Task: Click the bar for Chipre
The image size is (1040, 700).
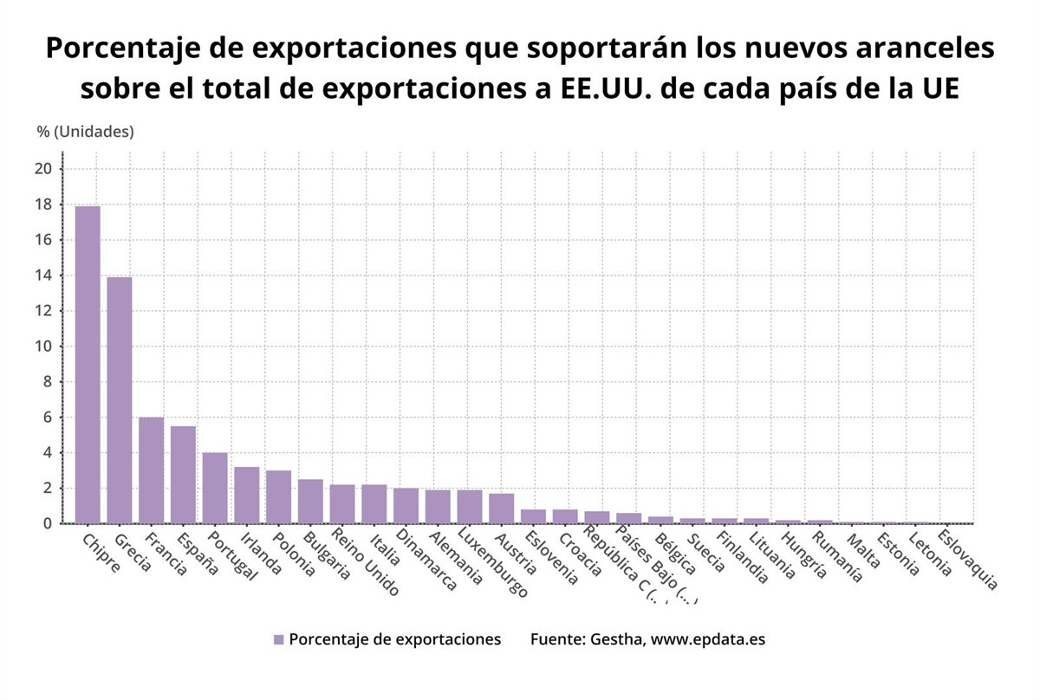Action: tap(88, 365)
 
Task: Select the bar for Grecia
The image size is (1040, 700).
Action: tap(120, 400)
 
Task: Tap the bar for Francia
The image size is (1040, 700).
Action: tap(152, 470)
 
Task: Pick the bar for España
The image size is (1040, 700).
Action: tap(183, 475)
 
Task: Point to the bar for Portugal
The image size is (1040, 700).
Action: tap(215, 488)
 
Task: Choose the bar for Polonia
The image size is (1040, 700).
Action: tap(278, 497)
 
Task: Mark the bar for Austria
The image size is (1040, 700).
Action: tap(501, 509)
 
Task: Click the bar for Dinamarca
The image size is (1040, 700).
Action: tap(406, 506)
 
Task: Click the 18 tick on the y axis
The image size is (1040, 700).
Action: tap(44, 204)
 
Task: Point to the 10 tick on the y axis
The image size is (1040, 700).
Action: tap(44, 347)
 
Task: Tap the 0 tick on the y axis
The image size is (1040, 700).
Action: tap(49, 524)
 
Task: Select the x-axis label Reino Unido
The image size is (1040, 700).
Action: tap(365, 564)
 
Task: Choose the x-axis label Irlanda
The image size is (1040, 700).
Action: tap(258, 554)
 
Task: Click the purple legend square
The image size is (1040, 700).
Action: tap(278, 639)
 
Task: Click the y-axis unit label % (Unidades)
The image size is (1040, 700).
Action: tap(85, 132)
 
